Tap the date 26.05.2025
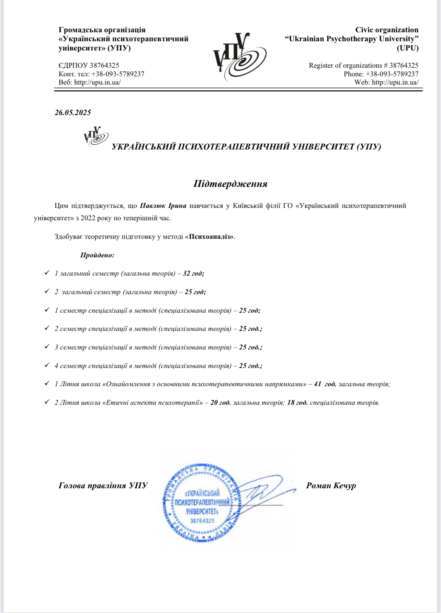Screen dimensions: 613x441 (73, 113)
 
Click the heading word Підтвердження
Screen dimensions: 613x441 (230, 184)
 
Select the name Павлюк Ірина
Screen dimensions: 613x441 (163, 206)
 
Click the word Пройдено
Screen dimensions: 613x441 (97, 255)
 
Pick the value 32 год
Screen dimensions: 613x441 (193, 274)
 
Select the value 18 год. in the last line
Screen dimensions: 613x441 (297, 403)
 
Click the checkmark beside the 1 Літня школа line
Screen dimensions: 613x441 (47, 383)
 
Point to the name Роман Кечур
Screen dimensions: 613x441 (331, 486)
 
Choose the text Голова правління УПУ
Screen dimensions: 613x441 (103, 486)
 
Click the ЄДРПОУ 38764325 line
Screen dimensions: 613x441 (89, 65)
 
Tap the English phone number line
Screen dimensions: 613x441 (381, 74)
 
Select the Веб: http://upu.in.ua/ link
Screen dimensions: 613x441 (90, 82)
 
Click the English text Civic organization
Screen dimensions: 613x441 (387, 30)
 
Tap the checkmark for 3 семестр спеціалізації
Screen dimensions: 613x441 (47, 347)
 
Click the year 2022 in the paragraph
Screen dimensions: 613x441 (88, 218)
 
